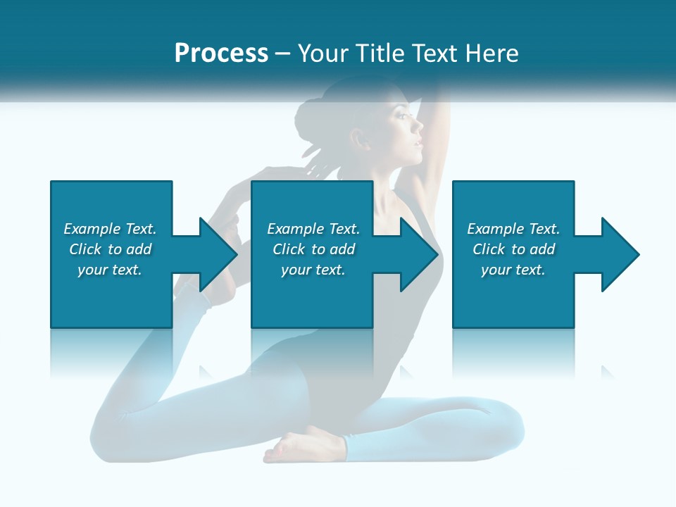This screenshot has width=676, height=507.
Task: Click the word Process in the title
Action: point(221,54)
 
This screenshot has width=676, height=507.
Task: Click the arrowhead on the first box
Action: point(218,254)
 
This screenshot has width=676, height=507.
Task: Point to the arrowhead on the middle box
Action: point(419,254)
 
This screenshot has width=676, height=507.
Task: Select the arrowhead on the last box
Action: point(620,254)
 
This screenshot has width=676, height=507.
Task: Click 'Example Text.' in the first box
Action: point(110,229)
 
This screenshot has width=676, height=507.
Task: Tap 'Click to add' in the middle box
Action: point(313,249)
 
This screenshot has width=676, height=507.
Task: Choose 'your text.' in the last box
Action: point(513,270)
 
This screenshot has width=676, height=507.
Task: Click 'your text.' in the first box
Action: point(110,270)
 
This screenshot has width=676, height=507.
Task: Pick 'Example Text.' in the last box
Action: point(513,229)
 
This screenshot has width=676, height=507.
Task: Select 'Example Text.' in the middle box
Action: point(313,229)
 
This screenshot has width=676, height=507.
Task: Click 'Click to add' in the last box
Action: point(513,249)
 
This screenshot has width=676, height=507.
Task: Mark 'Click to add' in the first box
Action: point(110,249)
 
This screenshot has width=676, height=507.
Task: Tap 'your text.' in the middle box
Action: point(313,270)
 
